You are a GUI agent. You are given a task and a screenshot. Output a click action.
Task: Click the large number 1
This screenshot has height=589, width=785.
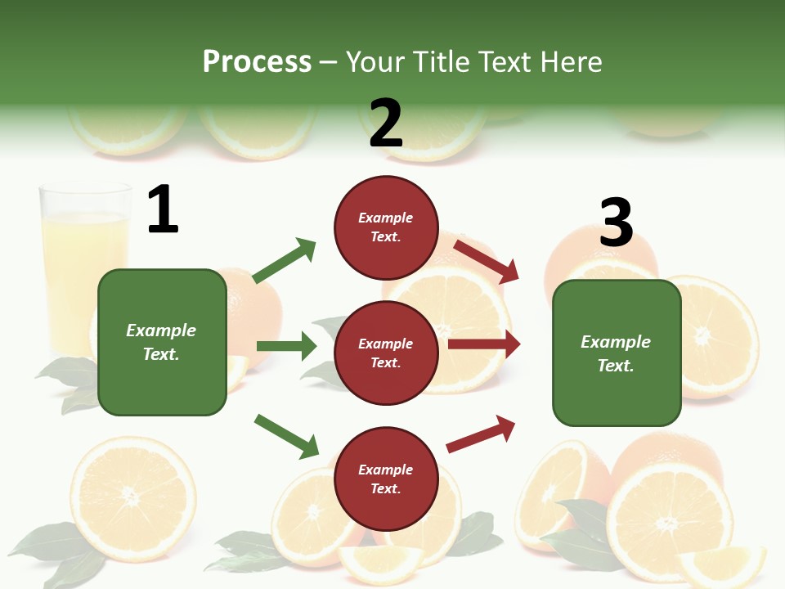[x=163, y=209]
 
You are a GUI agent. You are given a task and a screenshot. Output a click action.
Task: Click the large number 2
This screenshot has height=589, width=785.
[x=386, y=123]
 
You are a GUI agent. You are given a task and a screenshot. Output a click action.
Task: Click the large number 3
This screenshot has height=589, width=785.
[x=617, y=223]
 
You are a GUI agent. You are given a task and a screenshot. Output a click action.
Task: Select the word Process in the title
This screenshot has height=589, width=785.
[x=257, y=61]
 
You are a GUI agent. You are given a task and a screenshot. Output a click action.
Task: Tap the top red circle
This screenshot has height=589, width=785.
[x=386, y=227]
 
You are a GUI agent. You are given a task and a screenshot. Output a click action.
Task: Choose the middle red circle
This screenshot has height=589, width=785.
[x=386, y=353]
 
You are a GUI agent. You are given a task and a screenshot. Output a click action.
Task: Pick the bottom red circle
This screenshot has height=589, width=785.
[x=386, y=479]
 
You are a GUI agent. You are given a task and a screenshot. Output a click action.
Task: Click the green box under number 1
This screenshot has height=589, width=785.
[x=162, y=342]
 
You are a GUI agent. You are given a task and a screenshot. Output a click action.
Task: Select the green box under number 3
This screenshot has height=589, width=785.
[x=617, y=353]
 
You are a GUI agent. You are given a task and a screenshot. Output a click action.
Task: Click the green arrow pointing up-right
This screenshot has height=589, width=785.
[x=285, y=260]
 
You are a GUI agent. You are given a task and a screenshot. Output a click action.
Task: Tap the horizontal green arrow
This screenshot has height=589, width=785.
[x=286, y=346]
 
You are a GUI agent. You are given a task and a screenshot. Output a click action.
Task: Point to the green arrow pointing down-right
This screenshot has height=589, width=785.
[x=286, y=436]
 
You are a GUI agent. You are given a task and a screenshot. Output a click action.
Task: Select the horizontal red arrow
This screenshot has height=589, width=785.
[x=484, y=345]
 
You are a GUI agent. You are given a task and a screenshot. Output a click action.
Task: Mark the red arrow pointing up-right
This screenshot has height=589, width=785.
[x=481, y=434]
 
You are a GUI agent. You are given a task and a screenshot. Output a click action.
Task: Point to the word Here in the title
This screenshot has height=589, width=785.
[x=572, y=61]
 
